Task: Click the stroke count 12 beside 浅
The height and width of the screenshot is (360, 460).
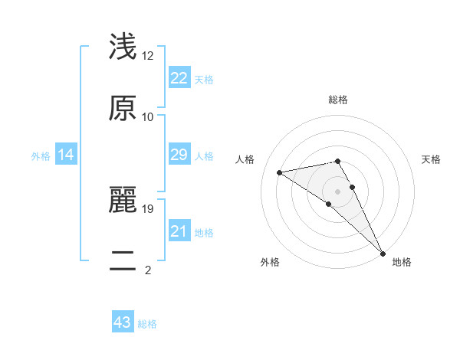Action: [148, 56]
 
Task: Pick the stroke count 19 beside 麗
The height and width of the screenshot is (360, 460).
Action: [148, 208]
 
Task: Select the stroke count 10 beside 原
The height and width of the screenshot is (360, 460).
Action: [148, 117]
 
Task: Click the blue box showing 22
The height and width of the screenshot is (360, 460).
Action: [179, 78]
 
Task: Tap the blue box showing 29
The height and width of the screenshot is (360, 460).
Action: [179, 155]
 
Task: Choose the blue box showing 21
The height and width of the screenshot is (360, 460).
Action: [179, 231]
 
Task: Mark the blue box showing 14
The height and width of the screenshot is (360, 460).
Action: [66, 155]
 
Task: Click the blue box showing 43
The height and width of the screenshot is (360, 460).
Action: [123, 323]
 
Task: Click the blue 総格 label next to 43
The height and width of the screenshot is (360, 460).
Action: [147, 324]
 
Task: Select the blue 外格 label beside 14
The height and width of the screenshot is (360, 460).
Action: [41, 156]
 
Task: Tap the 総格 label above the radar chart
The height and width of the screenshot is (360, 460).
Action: [338, 100]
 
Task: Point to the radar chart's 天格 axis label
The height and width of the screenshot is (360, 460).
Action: [431, 159]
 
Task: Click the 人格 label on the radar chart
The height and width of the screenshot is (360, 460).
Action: [246, 159]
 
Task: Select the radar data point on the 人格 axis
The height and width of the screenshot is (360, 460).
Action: [280, 172]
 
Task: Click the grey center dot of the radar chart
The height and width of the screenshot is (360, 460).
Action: [338, 191]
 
